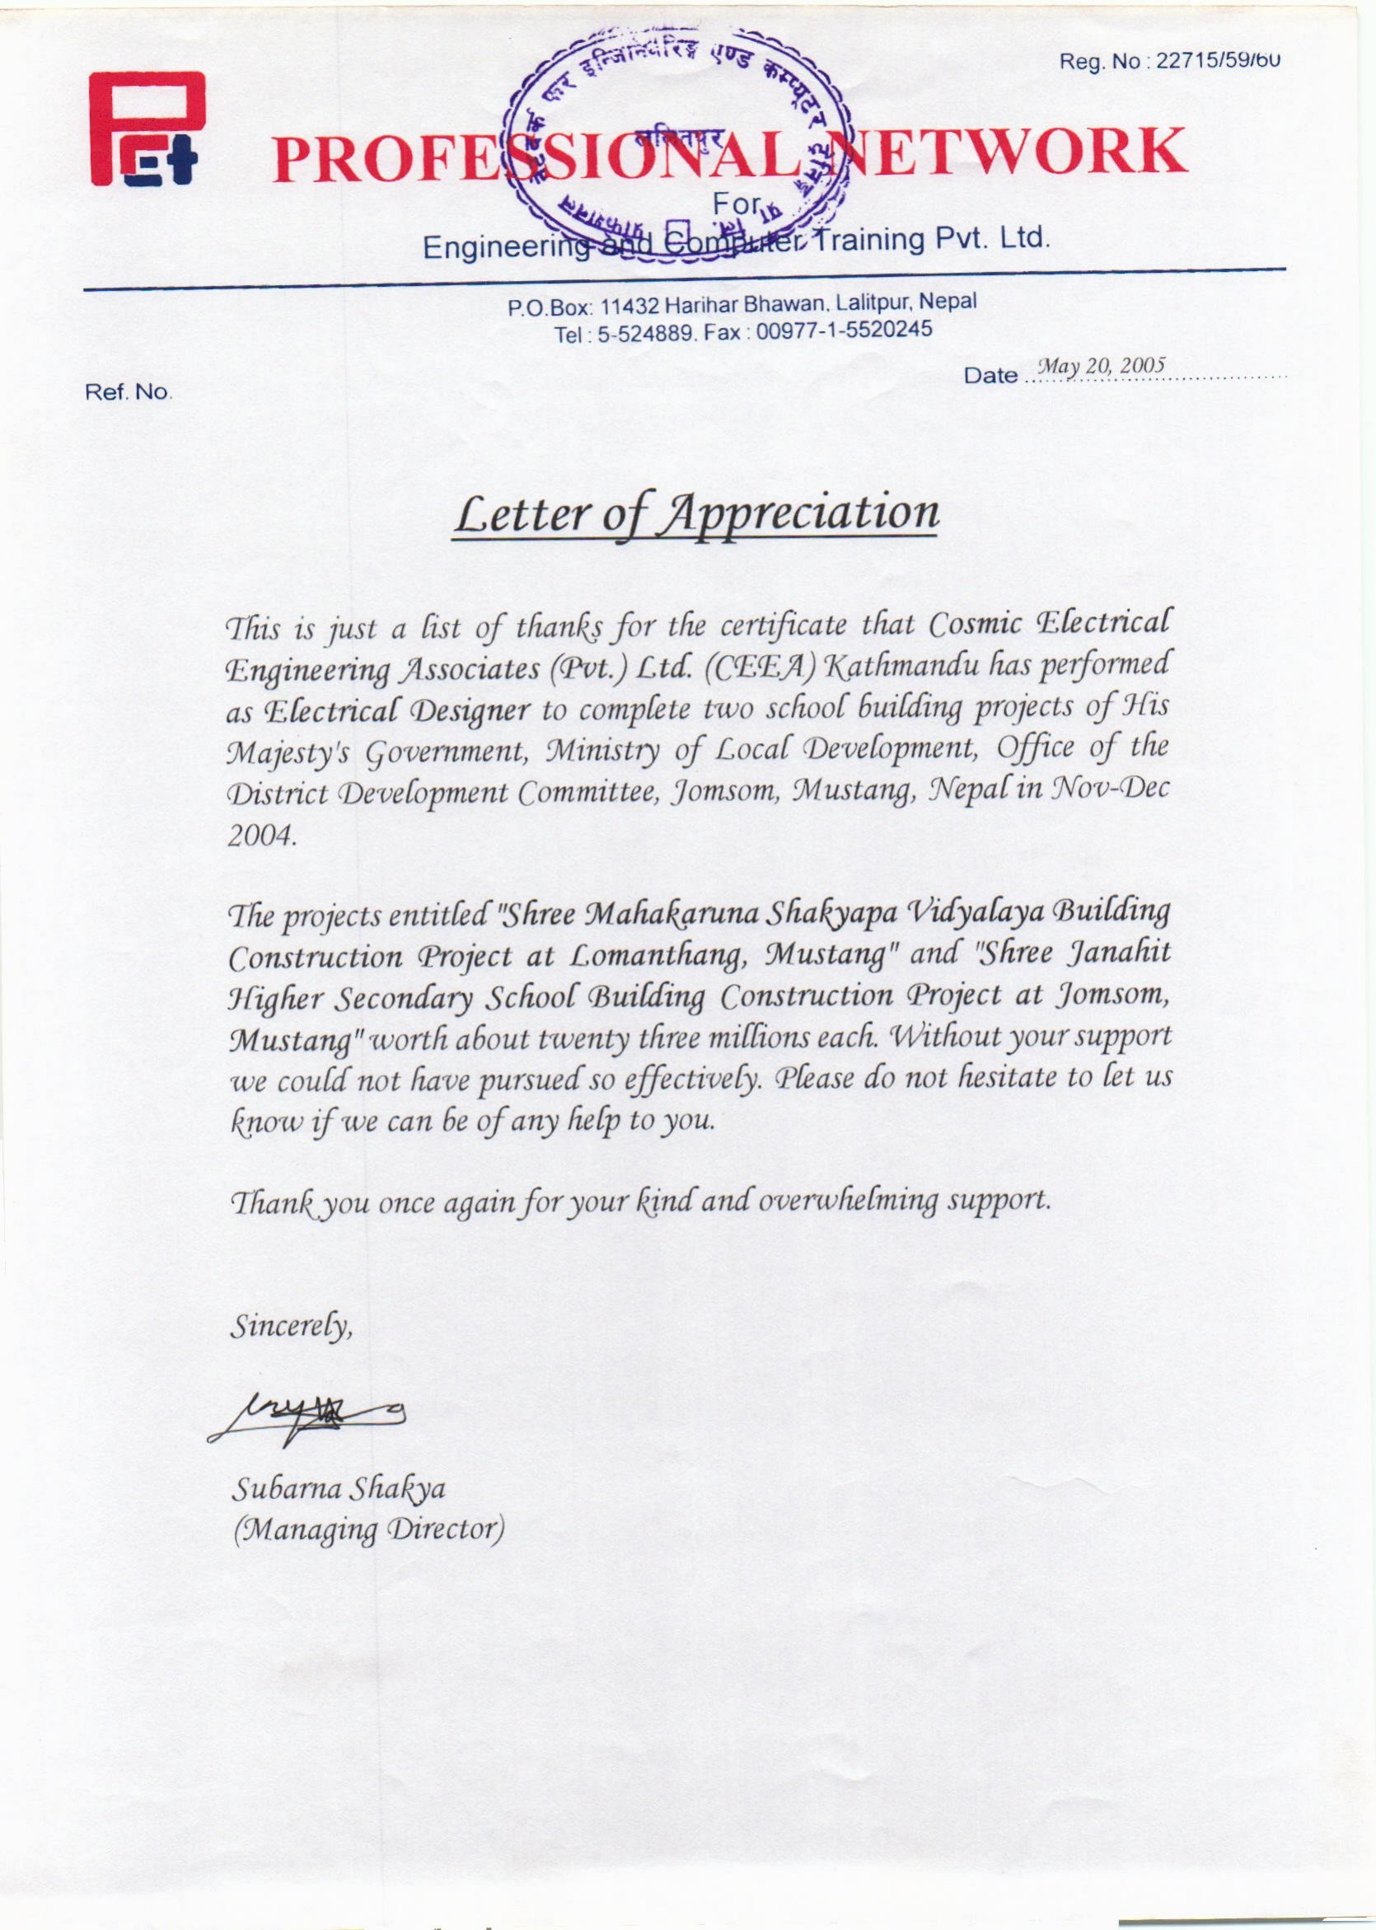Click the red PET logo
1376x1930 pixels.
[x=147, y=129]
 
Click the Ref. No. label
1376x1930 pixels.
[x=129, y=393]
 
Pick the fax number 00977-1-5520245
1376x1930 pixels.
[x=844, y=330]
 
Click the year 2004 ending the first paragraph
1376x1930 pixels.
[x=260, y=837]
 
